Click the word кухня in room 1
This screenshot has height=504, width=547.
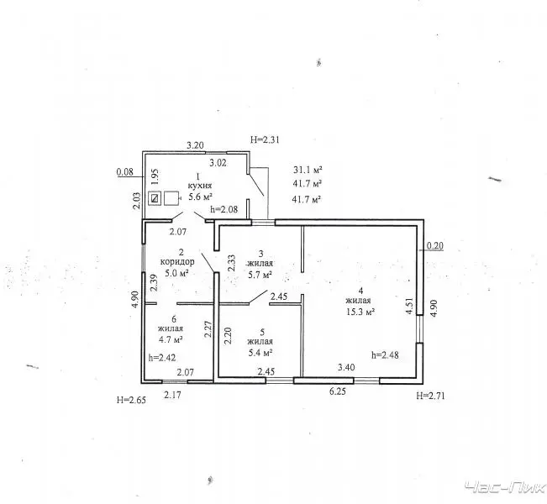199,186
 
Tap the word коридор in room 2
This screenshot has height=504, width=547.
177,261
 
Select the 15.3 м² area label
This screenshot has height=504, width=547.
360,312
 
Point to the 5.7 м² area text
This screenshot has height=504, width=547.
260,275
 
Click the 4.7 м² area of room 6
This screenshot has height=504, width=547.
171,339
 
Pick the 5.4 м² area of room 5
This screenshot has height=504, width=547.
260,353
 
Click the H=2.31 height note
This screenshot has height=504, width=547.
265,140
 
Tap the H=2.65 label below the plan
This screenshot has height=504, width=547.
131,400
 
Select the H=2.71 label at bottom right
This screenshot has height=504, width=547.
430,396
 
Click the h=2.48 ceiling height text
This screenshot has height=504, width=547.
385,355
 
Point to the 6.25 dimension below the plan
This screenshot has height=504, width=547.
337,391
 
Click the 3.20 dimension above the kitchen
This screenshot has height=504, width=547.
195,145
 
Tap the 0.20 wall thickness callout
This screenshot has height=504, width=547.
435,246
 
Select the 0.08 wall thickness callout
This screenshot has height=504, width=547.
125,171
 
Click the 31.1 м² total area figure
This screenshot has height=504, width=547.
308,170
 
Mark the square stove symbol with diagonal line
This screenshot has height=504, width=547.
155,198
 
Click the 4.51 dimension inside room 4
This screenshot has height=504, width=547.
409,306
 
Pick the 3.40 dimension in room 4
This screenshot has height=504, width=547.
346,367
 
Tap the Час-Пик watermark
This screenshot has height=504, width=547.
506,487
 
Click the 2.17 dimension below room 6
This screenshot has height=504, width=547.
173,395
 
